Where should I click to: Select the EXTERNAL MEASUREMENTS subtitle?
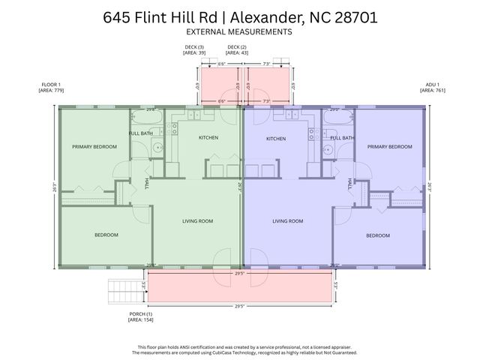click(x=239, y=32)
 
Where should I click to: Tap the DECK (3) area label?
click(x=194, y=50)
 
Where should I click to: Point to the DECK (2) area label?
click(x=238, y=50)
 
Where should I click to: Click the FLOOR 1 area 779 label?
click(x=52, y=88)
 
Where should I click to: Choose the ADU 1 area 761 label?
click(x=431, y=88)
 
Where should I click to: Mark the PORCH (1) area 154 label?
click(x=140, y=317)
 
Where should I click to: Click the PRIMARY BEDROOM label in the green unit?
click(x=94, y=147)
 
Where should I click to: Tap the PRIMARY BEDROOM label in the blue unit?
click(x=389, y=147)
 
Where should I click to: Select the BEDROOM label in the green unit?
click(x=106, y=235)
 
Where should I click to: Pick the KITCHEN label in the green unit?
click(x=208, y=138)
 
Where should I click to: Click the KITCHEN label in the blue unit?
click(x=276, y=139)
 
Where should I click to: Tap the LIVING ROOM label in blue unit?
click(x=287, y=221)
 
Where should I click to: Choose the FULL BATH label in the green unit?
click(x=141, y=133)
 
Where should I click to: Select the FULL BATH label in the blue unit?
click(x=343, y=138)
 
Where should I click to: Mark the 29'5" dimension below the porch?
click(x=240, y=306)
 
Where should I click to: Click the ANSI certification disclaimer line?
click(x=239, y=346)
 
